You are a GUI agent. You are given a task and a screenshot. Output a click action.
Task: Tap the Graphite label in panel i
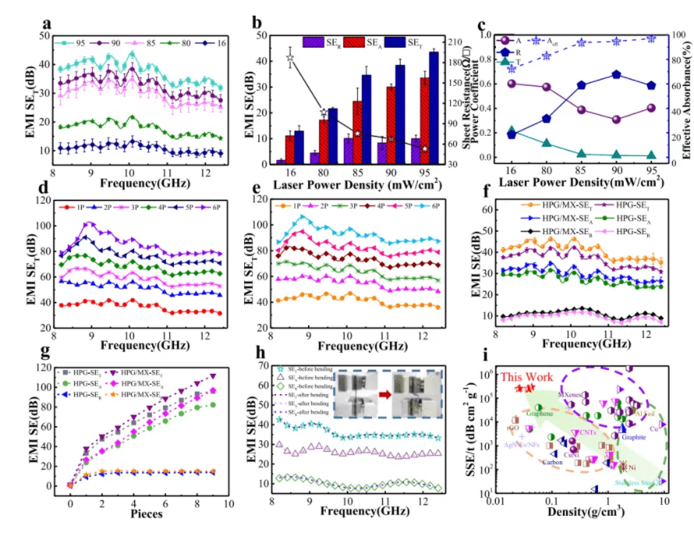point(633,436)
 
